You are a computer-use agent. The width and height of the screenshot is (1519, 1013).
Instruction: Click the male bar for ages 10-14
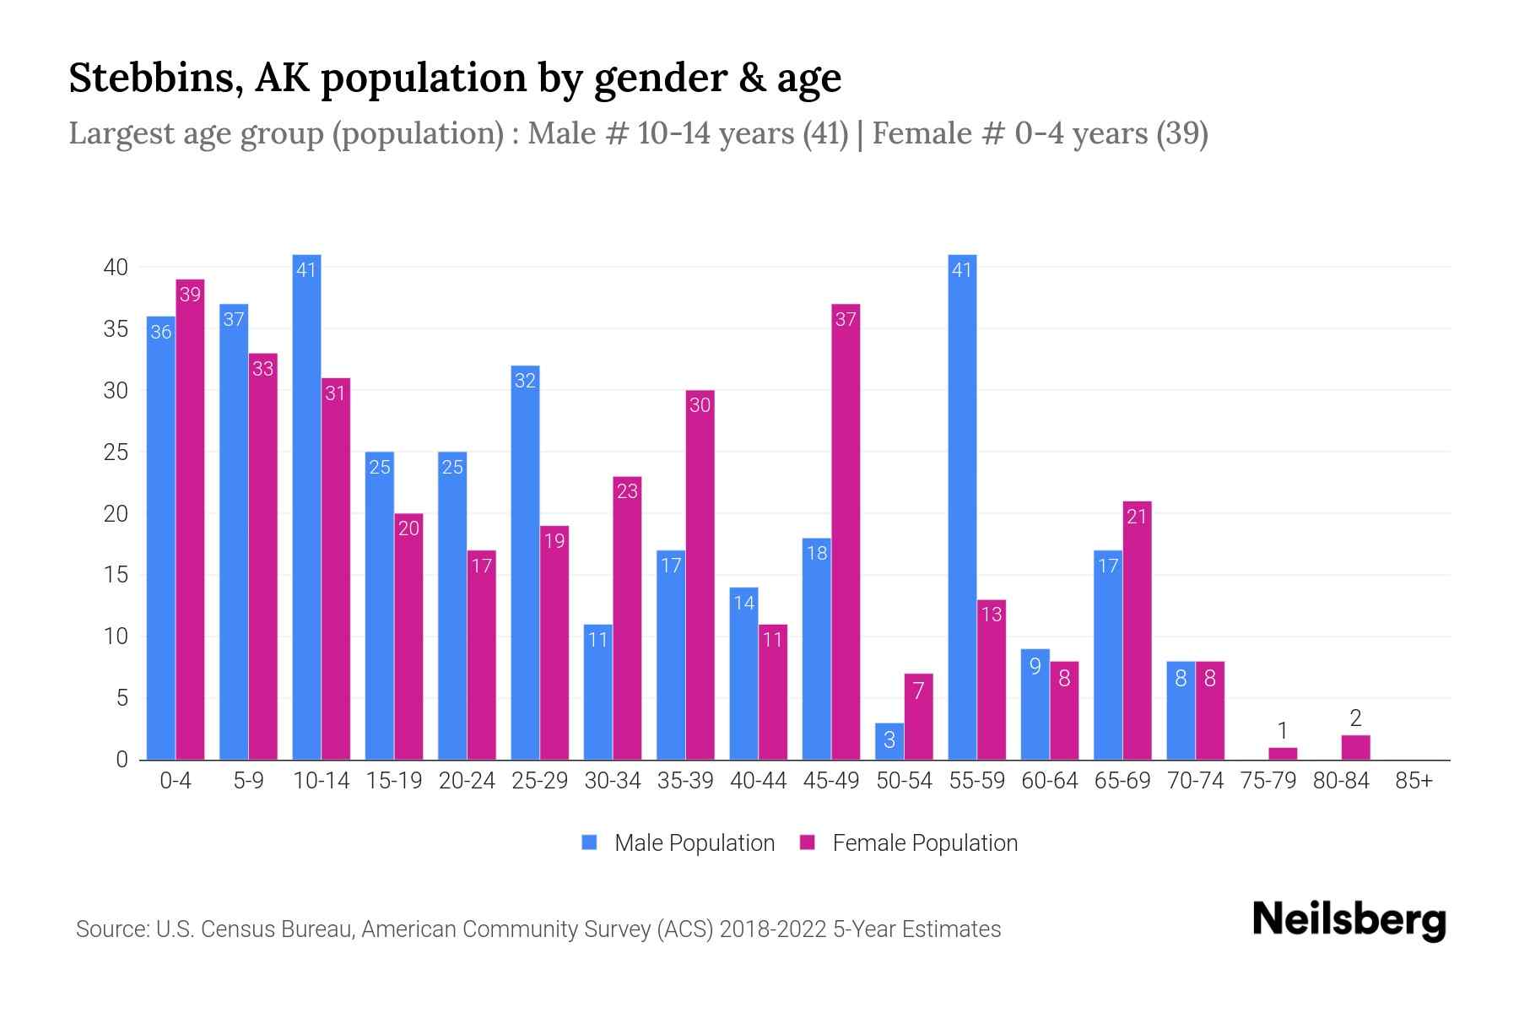point(306,506)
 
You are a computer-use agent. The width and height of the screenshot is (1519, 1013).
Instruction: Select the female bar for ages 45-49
point(846,532)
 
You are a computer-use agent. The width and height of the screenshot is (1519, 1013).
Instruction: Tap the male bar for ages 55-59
point(962,506)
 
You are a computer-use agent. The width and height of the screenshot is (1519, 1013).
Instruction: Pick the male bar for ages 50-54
point(889,742)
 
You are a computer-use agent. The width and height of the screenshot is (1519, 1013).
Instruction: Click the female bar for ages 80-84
point(1355,748)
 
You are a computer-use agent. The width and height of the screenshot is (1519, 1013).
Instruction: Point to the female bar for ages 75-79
point(1283,754)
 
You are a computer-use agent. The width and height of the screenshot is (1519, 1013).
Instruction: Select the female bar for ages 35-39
point(700,574)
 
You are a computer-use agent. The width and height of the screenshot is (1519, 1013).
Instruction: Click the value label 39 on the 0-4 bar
point(190,295)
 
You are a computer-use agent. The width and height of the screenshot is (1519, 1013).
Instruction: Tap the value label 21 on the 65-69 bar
point(1137,516)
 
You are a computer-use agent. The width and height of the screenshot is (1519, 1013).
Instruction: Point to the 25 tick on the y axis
point(116,452)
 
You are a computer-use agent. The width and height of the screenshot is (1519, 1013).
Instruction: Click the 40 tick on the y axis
point(116,268)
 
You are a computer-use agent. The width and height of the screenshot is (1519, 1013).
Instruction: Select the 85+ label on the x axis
point(1414,781)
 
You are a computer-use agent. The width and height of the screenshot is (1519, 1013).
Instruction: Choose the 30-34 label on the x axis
point(613,781)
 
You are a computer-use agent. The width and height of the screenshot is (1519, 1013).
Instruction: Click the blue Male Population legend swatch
point(589,842)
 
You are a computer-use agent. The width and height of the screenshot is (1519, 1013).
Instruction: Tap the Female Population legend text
point(924,842)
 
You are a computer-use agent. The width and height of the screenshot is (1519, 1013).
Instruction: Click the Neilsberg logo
point(1349,920)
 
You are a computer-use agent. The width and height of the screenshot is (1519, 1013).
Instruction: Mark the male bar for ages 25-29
point(525,562)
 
